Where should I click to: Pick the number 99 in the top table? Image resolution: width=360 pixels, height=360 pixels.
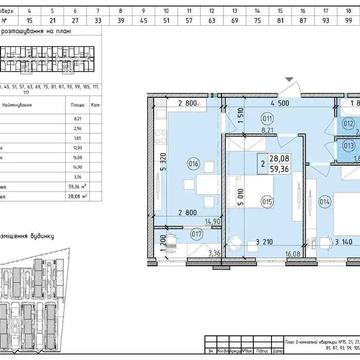point(346,18)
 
